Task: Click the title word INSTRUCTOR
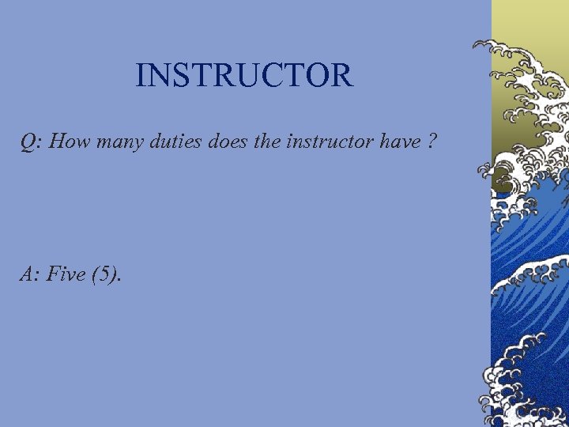(x=243, y=76)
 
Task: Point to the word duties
(x=173, y=142)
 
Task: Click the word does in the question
(x=224, y=142)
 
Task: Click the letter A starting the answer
(x=27, y=274)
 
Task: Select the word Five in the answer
(x=67, y=274)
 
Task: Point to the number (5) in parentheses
(x=106, y=275)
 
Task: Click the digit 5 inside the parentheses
(x=106, y=275)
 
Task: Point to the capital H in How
(x=58, y=142)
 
